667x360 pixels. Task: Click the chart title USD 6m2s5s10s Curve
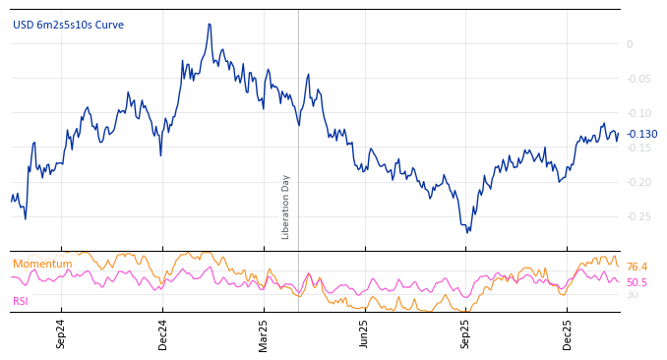tap(68, 25)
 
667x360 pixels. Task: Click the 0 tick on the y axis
tap(630, 44)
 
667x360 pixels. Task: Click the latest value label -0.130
tap(641, 134)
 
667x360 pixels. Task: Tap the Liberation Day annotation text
tap(286, 207)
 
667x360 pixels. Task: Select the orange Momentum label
tap(42, 264)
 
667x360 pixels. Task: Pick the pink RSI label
tap(21, 301)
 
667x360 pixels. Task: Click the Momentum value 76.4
tap(637, 267)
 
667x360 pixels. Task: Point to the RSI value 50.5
tap(637, 282)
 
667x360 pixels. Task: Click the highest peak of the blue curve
tap(210, 24)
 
